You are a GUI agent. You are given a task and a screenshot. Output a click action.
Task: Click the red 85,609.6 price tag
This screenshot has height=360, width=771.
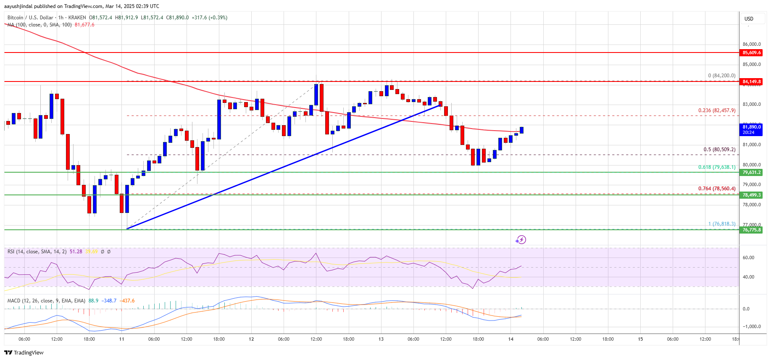click(x=751, y=53)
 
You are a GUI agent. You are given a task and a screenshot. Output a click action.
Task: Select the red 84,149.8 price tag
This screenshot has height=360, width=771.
click(x=751, y=81)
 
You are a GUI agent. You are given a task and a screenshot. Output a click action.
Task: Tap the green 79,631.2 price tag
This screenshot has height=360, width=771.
click(x=751, y=172)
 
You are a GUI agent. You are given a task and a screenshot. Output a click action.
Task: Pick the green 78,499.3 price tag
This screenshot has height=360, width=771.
click(x=751, y=195)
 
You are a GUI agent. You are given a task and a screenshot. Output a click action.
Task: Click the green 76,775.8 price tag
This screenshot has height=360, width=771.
click(x=751, y=230)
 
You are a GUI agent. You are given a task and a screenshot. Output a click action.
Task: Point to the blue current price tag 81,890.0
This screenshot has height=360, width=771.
click(x=751, y=129)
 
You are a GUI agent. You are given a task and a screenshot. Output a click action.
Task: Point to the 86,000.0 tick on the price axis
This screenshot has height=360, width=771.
click(x=751, y=44)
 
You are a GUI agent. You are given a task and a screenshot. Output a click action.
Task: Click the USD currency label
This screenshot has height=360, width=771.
click(x=749, y=19)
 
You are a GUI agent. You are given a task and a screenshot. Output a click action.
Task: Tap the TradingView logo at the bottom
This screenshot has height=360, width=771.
click(x=24, y=352)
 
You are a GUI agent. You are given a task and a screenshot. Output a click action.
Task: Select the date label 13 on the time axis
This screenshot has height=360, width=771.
click(x=381, y=339)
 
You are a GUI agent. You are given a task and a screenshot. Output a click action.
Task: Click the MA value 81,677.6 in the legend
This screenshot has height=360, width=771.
click(x=84, y=25)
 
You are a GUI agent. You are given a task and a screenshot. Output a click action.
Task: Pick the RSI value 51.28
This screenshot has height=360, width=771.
click(x=76, y=252)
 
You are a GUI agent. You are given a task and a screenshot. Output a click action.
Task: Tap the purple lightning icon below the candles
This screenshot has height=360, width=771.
click(x=521, y=240)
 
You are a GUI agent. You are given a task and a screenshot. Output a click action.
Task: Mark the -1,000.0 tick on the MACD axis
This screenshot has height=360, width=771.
click(x=751, y=326)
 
